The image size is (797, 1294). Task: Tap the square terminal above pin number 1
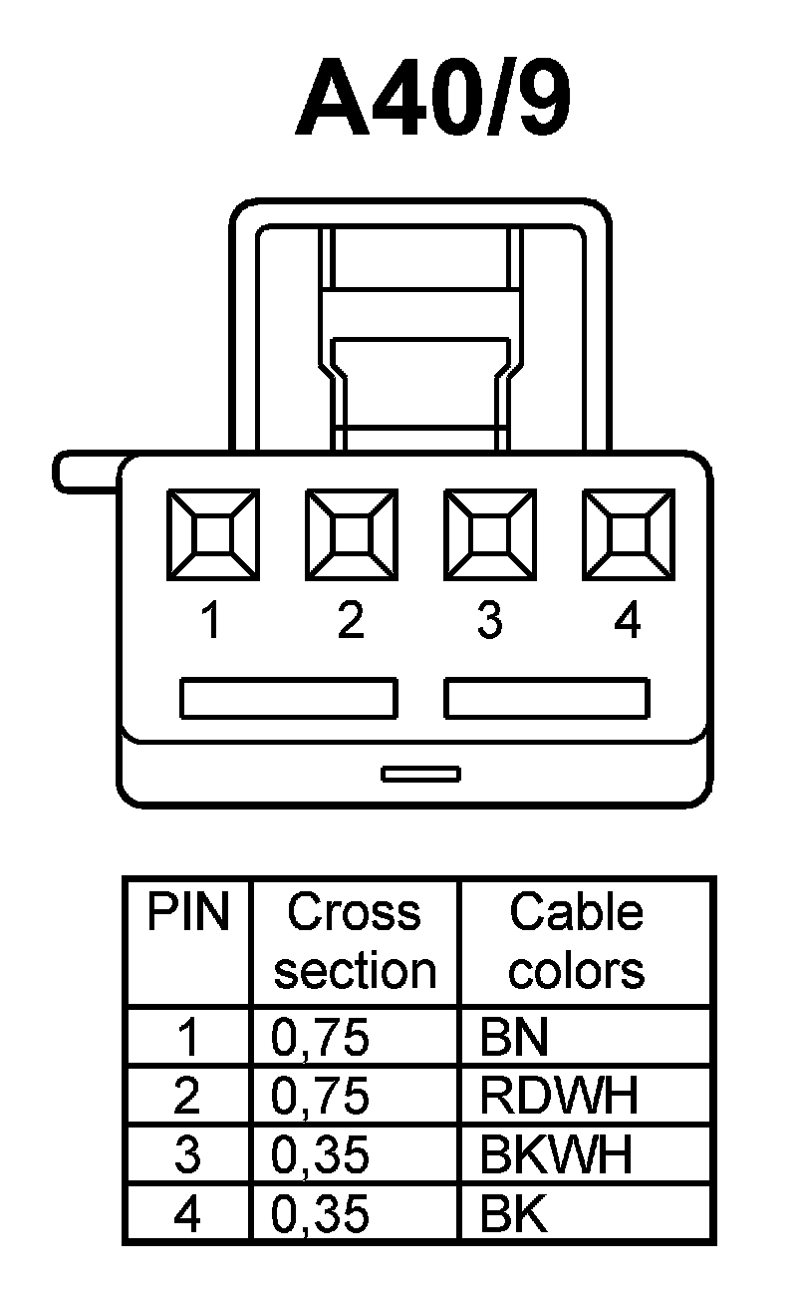pos(211,534)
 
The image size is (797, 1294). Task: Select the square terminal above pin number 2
pos(350,534)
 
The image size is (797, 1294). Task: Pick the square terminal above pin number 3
pos(488,534)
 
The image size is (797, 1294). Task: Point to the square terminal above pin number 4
pos(628,534)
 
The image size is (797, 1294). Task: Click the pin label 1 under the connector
pos(210,622)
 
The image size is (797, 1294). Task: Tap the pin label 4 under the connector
pos(628,622)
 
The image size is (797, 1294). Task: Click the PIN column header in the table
pos(187,913)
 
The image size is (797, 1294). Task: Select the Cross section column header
pos(355,942)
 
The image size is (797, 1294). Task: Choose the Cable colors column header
pos(577,942)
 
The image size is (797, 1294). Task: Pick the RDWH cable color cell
pos(558,1097)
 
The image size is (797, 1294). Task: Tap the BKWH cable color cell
pos(556,1155)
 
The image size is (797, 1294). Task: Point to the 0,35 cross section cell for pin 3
pos(320,1155)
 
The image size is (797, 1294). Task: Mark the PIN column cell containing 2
pos(187,1097)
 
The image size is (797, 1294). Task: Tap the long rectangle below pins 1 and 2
pos(288,698)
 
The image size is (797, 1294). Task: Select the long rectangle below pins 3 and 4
pos(547,698)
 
